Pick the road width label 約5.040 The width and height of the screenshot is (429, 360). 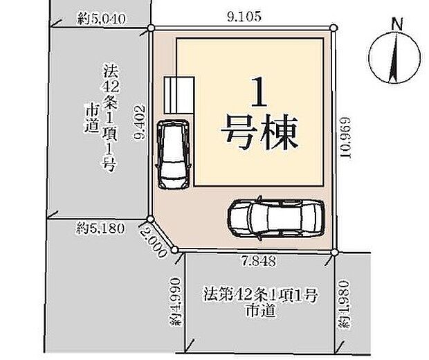[x=101, y=20]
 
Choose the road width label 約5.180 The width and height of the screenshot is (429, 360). [x=102, y=226]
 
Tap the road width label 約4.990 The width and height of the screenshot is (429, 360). [x=176, y=301]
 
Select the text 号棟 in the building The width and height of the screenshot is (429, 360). [x=259, y=132]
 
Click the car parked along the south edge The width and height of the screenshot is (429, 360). [x=275, y=218]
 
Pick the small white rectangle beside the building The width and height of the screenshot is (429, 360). [x=179, y=93]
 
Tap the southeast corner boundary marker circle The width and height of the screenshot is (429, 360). [x=334, y=251]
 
